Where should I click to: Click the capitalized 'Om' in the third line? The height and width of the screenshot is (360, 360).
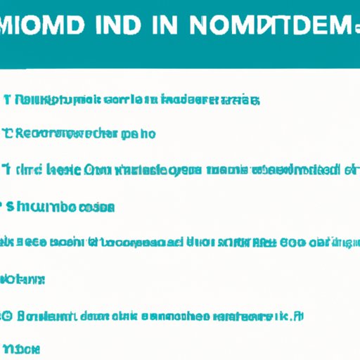[95, 170]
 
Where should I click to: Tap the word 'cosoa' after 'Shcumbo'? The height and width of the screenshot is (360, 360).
[98, 207]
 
